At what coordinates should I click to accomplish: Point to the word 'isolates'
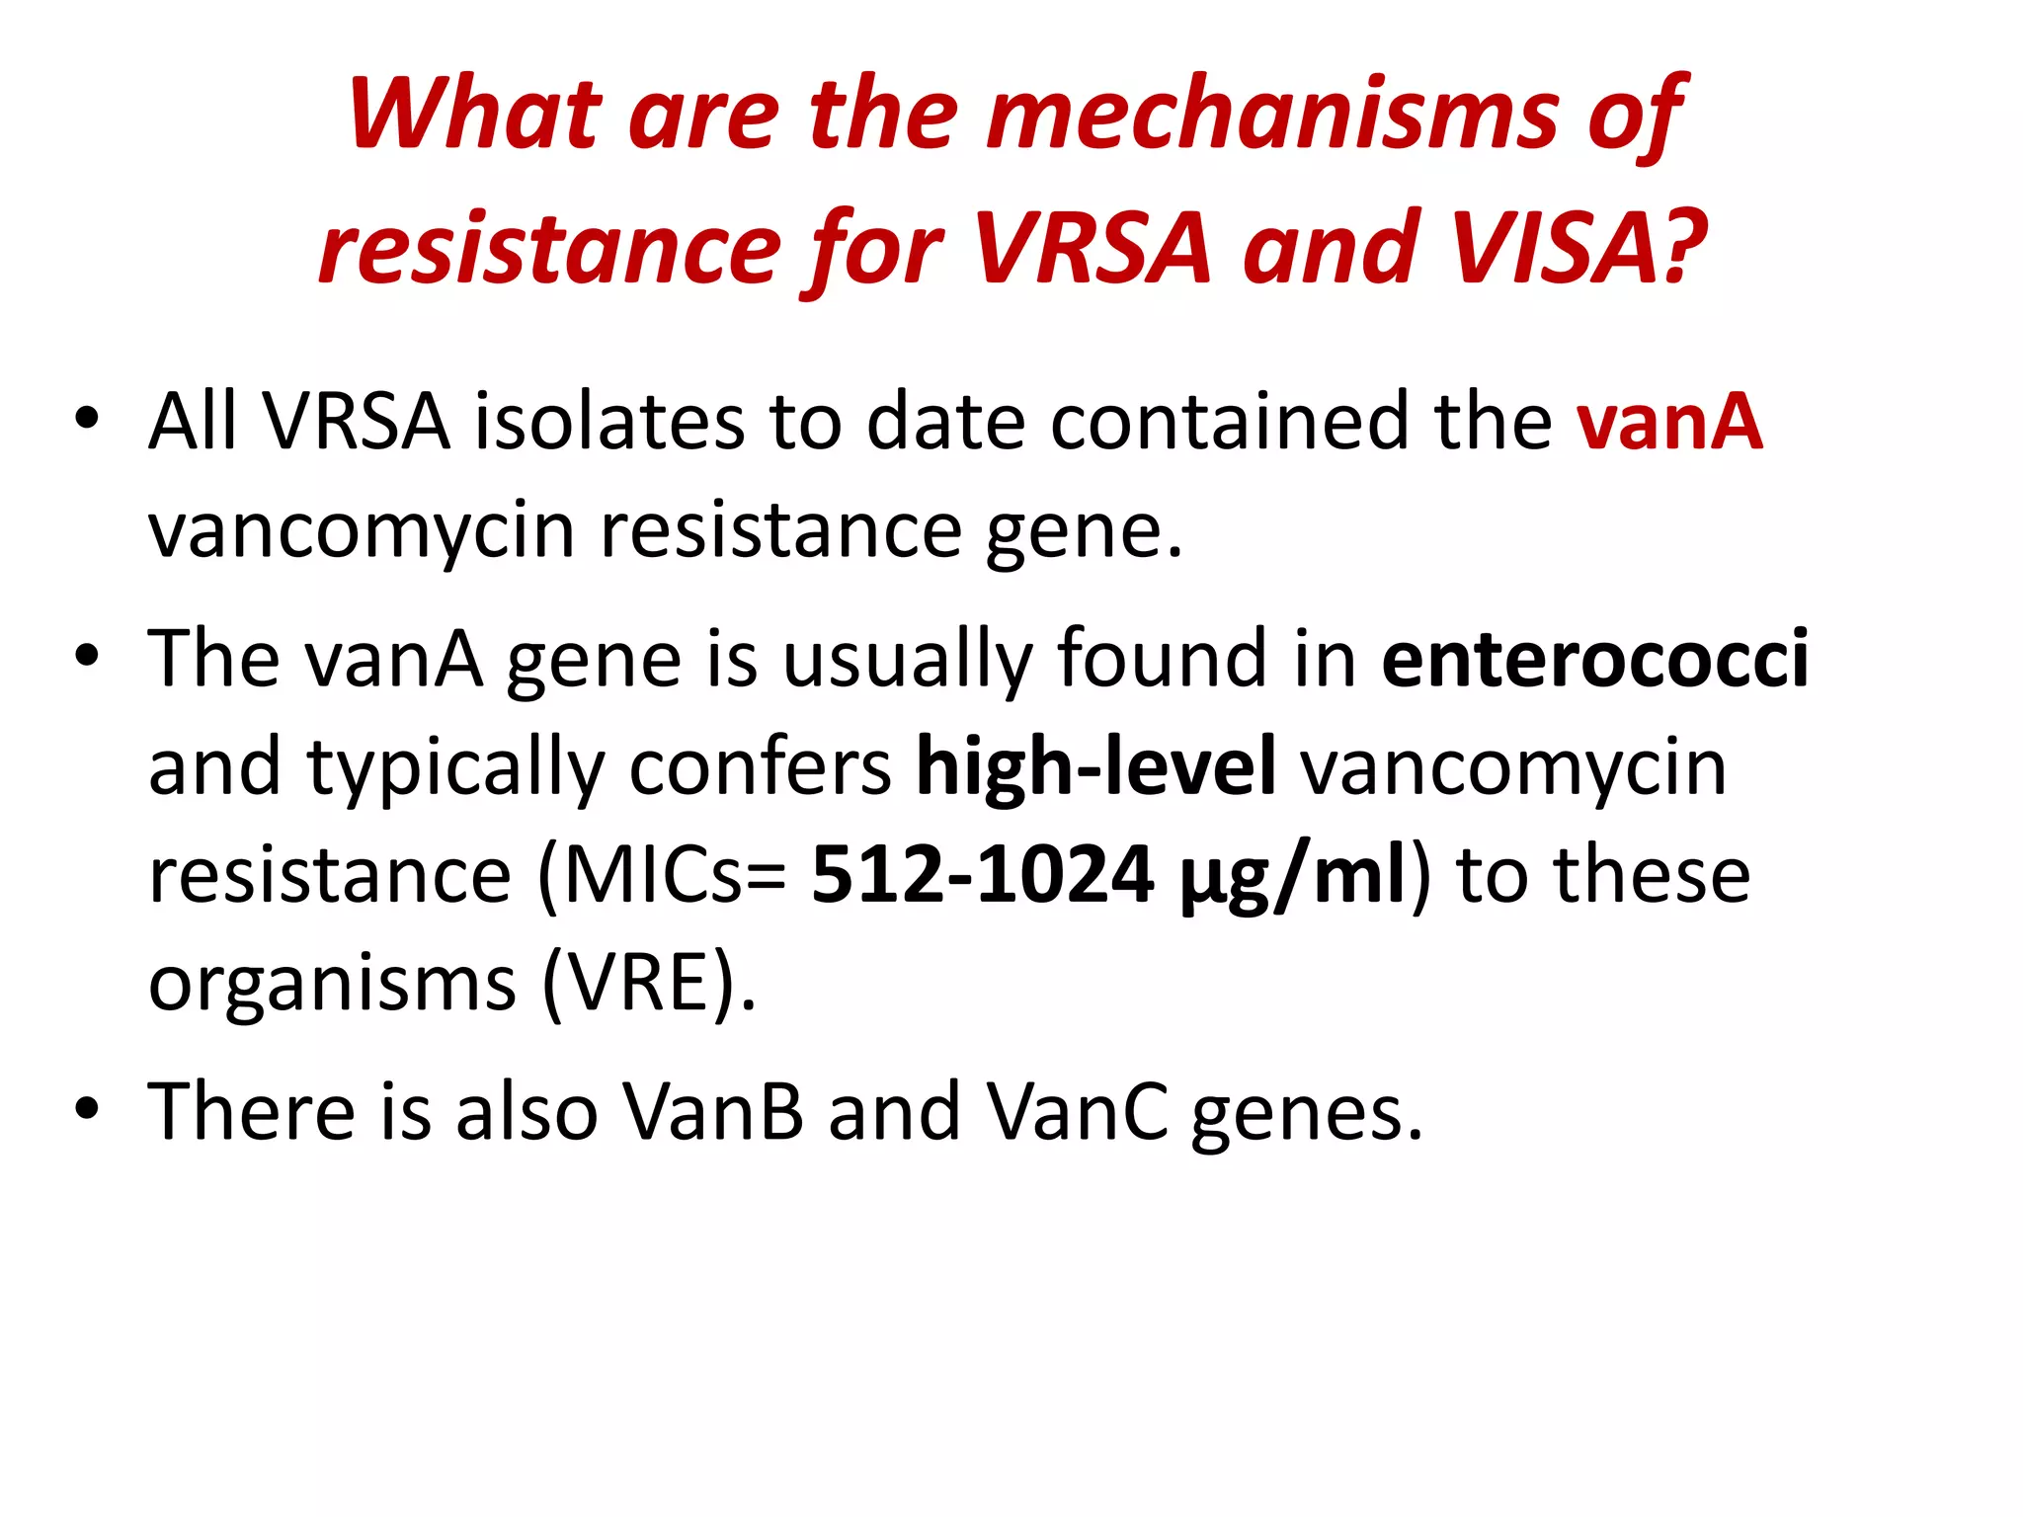click(608, 422)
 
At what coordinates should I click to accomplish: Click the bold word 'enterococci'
click(1595, 659)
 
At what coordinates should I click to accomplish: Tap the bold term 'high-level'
click(1096, 766)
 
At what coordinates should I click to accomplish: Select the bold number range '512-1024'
click(983, 875)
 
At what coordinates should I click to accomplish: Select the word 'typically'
click(454, 768)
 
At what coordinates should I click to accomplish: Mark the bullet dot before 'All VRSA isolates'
click(86, 419)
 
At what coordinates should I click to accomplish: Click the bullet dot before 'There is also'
click(86, 1108)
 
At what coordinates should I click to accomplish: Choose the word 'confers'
click(760, 767)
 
